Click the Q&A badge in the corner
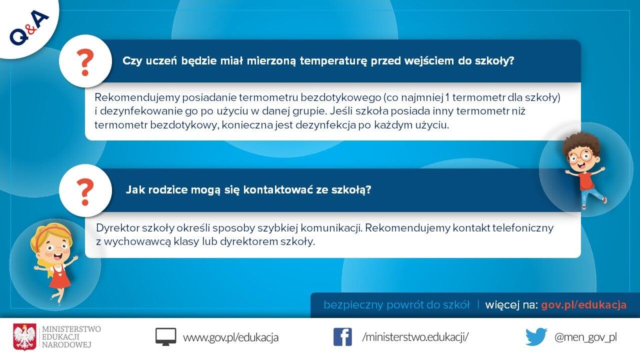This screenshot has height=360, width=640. point(29,27)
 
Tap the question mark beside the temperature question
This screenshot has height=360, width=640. point(85,62)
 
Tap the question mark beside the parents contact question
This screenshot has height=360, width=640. point(85,192)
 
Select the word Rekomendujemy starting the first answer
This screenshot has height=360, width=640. point(137,97)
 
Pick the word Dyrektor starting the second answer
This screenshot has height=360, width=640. point(117,228)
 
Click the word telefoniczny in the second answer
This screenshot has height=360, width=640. point(523,228)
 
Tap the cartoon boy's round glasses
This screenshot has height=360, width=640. point(579,156)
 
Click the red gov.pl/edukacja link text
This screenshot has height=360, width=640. point(583,305)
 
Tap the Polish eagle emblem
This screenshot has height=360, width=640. point(25,337)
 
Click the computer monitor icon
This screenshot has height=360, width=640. point(165,336)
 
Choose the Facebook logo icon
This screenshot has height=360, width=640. point(342,337)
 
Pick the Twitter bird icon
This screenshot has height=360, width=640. point(536,336)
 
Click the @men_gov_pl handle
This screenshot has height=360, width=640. point(585,337)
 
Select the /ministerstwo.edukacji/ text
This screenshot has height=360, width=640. point(415,337)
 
